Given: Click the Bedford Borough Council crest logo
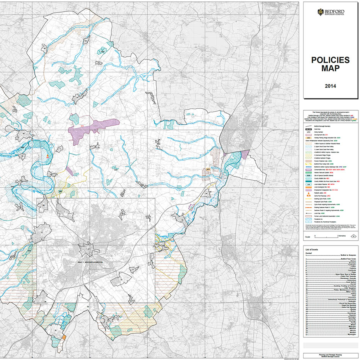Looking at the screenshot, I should (x=321, y=12).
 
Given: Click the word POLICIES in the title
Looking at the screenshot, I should (x=330, y=60).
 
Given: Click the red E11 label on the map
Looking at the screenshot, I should (x=82, y=125).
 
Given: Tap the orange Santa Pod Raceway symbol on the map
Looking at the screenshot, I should (x=47, y=156).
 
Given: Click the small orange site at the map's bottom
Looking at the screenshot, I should (x=64, y=337).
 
